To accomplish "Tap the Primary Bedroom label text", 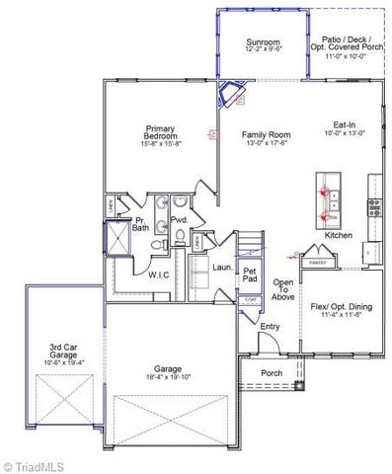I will tap(160, 129).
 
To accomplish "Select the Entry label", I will tap(270, 327).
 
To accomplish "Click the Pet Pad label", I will tap(250, 273).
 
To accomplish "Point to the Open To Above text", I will tap(283, 289).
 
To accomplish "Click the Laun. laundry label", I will tap(222, 267).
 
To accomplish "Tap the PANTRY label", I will tap(317, 264).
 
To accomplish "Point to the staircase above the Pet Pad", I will tap(248, 242).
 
